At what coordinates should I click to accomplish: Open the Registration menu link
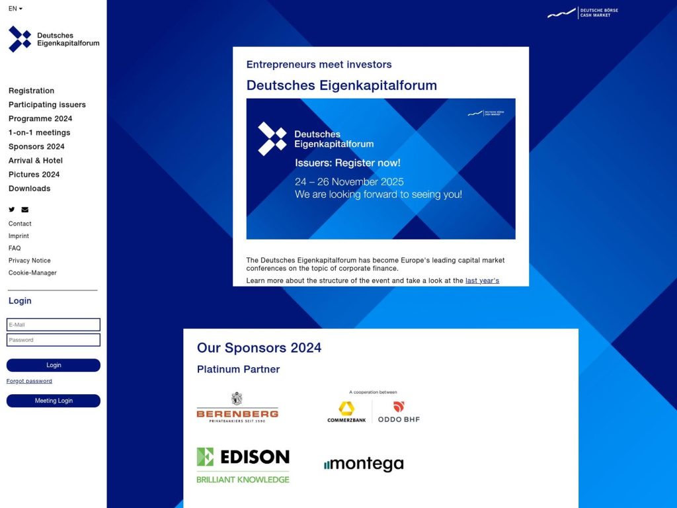point(31,91)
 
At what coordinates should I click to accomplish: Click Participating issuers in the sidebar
point(47,105)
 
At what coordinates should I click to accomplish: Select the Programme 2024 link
point(40,118)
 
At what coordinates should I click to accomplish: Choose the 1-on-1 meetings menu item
point(39,132)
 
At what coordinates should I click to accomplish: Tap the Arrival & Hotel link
point(36,161)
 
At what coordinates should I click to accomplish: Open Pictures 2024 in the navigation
point(34,175)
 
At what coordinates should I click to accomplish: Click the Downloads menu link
point(29,189)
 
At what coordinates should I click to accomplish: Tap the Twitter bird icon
point(12,210)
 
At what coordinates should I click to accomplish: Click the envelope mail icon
point(25,210)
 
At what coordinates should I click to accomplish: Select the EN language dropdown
point(15,9)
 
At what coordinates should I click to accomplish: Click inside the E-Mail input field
point(54,325)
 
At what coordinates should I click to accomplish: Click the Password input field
point(54,340)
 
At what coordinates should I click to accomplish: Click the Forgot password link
point(29,381)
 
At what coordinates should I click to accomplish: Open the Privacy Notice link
point(29,261)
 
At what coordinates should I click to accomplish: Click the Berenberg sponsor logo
point(237,408)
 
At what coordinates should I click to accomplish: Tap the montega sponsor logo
point(364,464)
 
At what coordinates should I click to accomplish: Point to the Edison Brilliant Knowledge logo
point(243,465)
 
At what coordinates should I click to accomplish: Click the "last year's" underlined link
point(482,280)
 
